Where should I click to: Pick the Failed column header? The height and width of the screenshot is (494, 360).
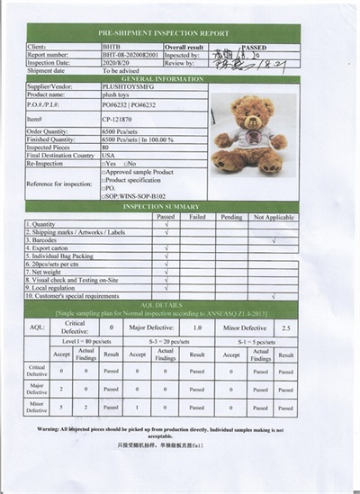[x=198, y=216]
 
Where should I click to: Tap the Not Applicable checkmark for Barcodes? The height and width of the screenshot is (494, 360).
[x=273, y=241]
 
